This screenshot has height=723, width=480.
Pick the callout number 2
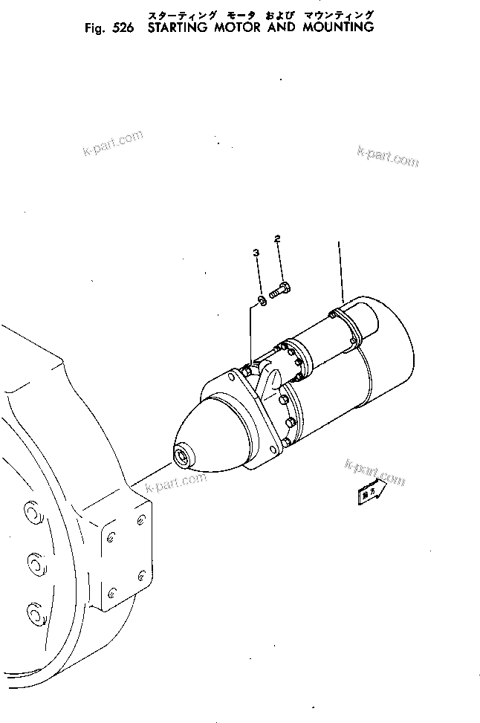(278, 239)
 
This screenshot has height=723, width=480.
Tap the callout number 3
(256, 253)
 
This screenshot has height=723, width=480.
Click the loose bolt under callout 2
(280, 291)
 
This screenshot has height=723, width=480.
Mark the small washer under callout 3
(262, 302)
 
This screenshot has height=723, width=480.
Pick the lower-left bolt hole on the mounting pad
(112, 592)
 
